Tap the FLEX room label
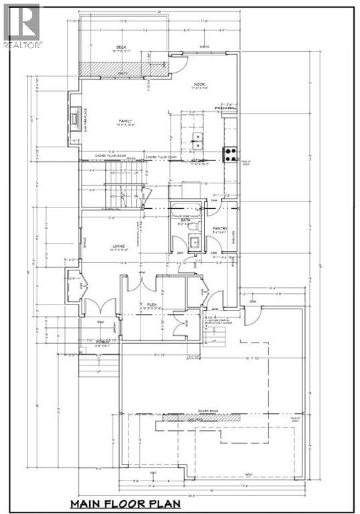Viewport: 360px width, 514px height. point(151,305)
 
